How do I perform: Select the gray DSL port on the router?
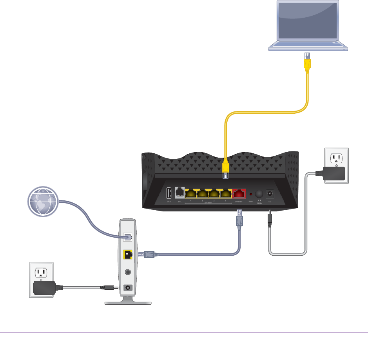pos(180,192)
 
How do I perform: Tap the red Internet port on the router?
pos(239,193)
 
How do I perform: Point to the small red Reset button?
pos(251,194)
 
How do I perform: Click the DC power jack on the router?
pos(270,193)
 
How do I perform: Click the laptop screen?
pos(307,21)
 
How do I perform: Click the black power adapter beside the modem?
pos(44,288)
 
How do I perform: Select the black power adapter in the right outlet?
pos(334,173)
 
